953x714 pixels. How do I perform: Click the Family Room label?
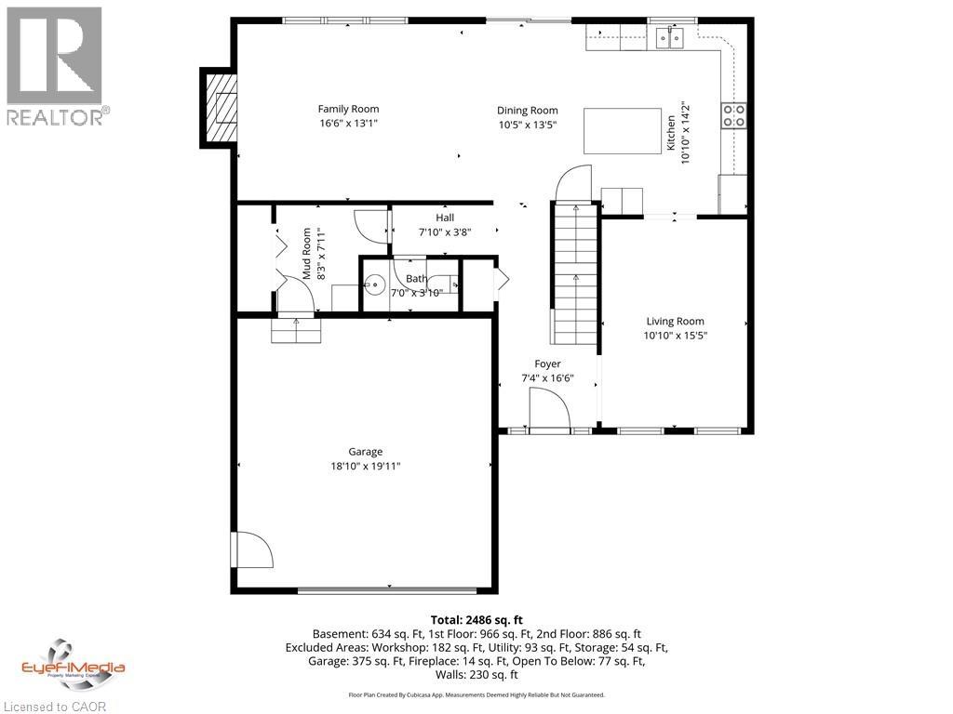(x=348, y=109)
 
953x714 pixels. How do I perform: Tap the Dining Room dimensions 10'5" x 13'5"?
(x=527, y=125)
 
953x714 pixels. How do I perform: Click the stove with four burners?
(x=733, y=114)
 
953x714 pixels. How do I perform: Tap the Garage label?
(x=366, y=453)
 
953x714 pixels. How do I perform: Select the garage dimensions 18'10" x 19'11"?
(x=366, y=467)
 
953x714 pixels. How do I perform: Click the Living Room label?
(x=675, y=322)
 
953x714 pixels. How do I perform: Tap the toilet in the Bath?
(x=375, y=284)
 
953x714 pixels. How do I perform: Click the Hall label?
(x=445, y=218)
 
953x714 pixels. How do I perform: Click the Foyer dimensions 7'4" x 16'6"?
(x=547, y=378)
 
